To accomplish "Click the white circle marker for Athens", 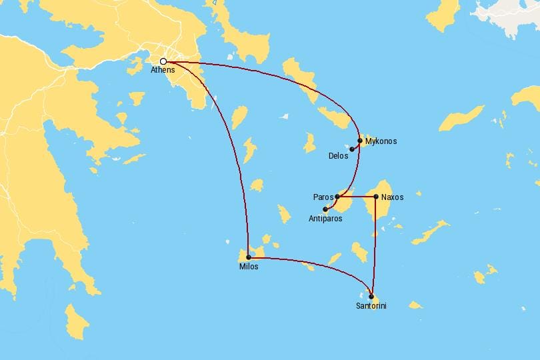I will coord(163,61).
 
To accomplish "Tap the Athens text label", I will coord(163,71).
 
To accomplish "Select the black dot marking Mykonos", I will coord(360,141).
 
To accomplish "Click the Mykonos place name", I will coord(381,141).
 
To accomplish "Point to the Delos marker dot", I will coord(352,149).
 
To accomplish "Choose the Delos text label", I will coord(338,157).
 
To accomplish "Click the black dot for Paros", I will coord(337,197).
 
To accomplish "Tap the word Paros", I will coord(323,197).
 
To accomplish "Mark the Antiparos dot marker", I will coord(325,209).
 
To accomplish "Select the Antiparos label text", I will coord(326,218).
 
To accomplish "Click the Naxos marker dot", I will coord(376,197).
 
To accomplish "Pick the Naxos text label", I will coord(392,197).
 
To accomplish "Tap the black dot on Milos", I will coord(249,257).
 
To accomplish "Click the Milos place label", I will coord(249,267).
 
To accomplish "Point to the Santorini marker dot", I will coord(371,297).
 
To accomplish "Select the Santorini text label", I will coord(371,306).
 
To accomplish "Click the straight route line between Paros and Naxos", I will coord(357,197).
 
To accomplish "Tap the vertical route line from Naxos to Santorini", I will coord(375,247).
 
